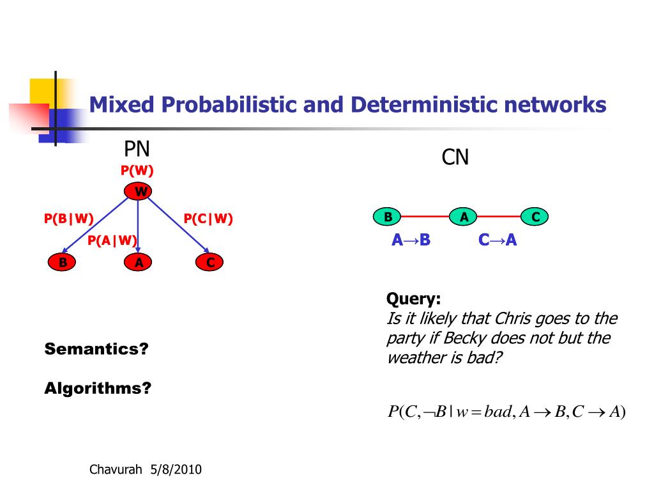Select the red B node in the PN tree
(63, 262)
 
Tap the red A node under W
(139, 262)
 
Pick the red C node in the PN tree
(210, 262)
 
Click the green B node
(388, 217)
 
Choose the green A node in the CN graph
(464, 217)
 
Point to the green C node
(535, 217)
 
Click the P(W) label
(137, 171)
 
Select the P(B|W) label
(69, 219)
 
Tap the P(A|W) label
(112, 240)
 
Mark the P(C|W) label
(208, 219)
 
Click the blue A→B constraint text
(411, 240)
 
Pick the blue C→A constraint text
(498, 240)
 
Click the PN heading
(137, 150)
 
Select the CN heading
(455, 157)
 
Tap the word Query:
(414, 299)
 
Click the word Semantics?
(96, 349)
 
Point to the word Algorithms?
(98, 388)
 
